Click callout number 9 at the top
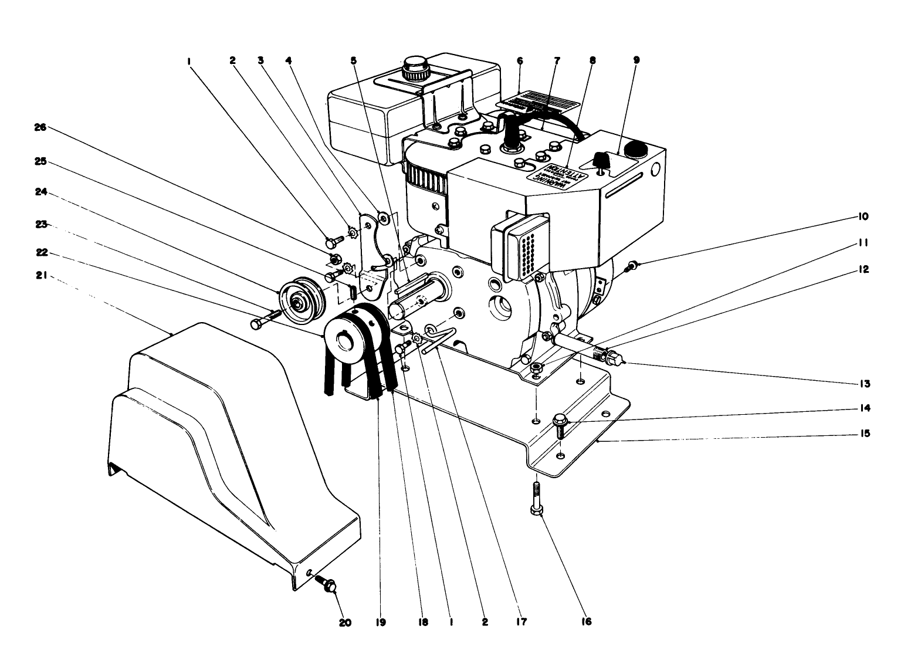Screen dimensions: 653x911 636,60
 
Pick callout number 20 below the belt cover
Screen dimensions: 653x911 345,622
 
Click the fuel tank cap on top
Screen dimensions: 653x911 416,69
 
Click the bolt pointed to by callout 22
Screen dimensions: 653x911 266,320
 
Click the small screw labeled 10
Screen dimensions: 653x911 631,266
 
